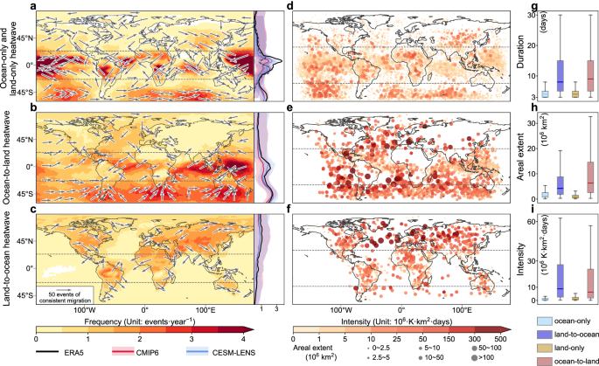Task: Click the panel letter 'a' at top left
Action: point(33,8)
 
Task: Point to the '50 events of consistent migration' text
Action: point(66,293)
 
